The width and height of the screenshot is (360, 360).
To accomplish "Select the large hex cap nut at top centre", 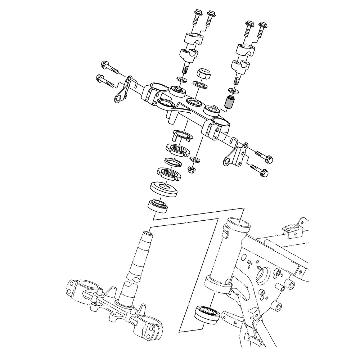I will [x=203, y=75].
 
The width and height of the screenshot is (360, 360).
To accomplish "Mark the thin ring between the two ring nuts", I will [x=174, y=162].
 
